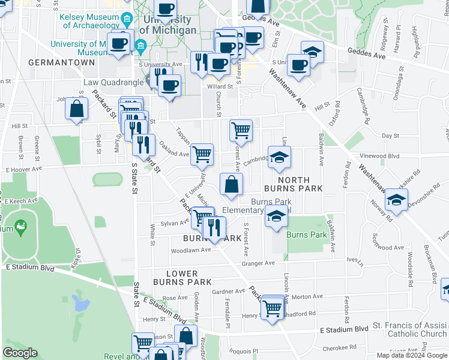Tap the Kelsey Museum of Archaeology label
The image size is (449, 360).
coord(91,21)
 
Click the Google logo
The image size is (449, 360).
coord(20,353)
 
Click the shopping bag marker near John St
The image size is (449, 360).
coord(77,109)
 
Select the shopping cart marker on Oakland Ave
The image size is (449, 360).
coord(202,155)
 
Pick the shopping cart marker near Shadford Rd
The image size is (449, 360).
coord(273,308)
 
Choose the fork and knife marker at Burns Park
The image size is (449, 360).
coord(214,226)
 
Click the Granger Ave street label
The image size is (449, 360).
coord(258,263)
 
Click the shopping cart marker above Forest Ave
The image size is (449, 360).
coord(241,129)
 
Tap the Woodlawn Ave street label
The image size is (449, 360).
coord(191,250)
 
